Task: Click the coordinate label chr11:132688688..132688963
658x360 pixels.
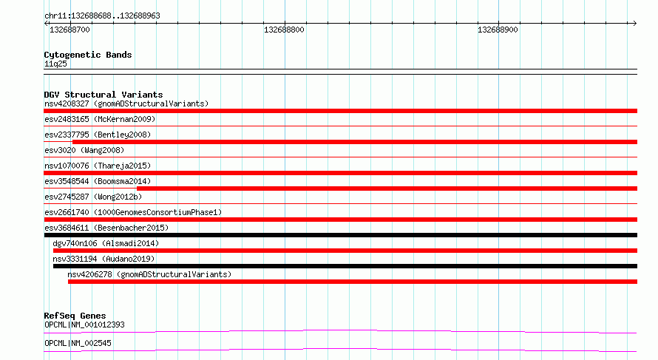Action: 102,16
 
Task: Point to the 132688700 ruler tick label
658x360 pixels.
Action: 69,30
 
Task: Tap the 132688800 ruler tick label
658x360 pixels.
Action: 284,30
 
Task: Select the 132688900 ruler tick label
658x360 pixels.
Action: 498,30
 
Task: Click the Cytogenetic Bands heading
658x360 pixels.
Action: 88,55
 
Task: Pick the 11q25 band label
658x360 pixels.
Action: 55,64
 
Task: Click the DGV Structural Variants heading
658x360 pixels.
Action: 104,95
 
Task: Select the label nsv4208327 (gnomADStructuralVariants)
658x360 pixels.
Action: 126,103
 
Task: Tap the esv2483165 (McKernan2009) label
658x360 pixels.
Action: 100,119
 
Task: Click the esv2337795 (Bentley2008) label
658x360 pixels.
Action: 98,135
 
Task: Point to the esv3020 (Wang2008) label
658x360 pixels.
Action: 84,150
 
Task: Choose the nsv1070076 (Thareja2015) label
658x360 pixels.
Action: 98,166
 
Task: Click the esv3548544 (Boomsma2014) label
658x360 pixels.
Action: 98,181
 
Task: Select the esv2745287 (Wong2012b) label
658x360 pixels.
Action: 93,197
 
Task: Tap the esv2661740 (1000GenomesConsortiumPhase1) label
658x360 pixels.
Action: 133,212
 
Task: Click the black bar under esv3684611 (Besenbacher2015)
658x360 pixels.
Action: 340,235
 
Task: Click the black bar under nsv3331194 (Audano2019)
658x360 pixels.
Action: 345,266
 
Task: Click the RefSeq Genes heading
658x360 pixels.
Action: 75,316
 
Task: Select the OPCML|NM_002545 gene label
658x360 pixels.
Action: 78,343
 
